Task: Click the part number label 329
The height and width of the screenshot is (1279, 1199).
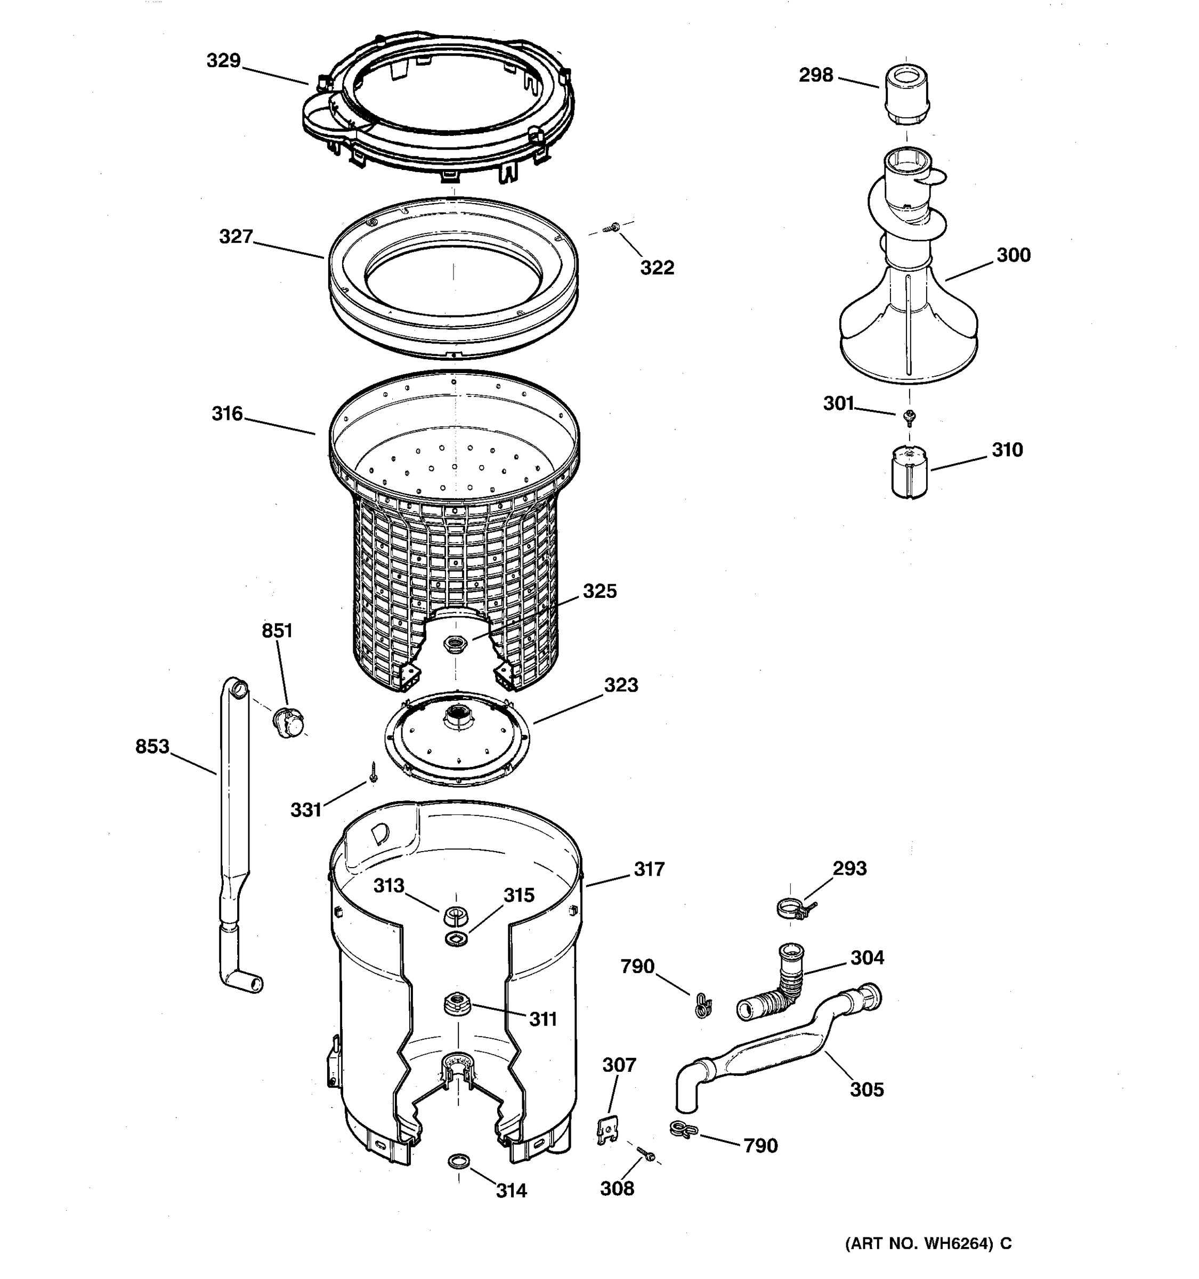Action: pyautogui.click(x=223, y=61)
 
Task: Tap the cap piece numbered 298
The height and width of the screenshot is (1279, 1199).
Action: pyautogui.click(x=906, y=95)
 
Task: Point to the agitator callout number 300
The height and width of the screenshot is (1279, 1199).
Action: pyautogui.click(x=1013, y=255)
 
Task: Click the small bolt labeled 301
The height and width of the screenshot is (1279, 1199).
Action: pyautogui.click(x=910, y=417)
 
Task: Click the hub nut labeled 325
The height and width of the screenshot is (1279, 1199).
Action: pyautogui.click(x=456, y=643)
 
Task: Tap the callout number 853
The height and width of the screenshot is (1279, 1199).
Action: pyautogui.click(x=152, y=747)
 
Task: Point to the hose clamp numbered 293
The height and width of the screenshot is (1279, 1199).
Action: pyautogui.click(x=793, y=910)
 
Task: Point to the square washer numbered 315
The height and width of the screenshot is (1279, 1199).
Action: pyautogui.click(x=456, y=938)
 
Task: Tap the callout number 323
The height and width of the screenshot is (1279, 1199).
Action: pyautogui.click(x=620, y=685)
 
